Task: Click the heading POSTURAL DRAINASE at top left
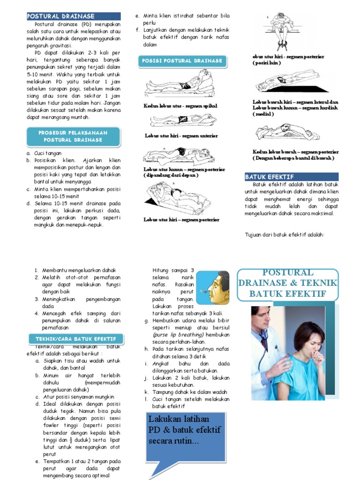click(61, 16)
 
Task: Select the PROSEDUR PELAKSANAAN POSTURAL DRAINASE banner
click(73, 136)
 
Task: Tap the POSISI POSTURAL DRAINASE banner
click(182, 61)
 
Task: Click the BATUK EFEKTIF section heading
click(270, 177)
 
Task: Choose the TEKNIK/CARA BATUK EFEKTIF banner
click(76, 338)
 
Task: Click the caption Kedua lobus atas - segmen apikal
click(180, 106)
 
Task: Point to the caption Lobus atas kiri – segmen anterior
click(181, 136)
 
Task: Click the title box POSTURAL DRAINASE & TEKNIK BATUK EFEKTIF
click(287, 283)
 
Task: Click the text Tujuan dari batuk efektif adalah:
click(285, 234)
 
